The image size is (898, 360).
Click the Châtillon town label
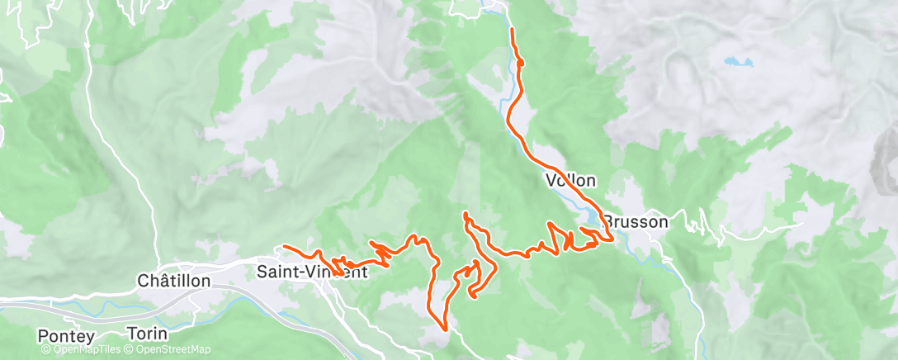click(x=174, y=282)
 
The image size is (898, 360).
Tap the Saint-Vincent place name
click(x=312, y=272)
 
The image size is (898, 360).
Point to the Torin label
click(x=148, y=334)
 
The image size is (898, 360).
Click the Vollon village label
click(x=570, y=180)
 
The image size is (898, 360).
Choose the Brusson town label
click(x=635, y=221)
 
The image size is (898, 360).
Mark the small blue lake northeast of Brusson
click(x=739, y=61)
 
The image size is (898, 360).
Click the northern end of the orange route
click(x=513, y=30)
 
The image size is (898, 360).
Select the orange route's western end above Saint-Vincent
click(x=284, y=246)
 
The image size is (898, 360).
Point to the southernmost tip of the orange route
click(x=446, y=329)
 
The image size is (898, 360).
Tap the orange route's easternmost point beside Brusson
click(x=612, y=239)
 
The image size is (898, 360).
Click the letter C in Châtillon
click(x=143, y=282)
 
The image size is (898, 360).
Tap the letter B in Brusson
click(x=607, y=221)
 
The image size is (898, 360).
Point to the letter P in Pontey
click(x=44, y=336)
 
